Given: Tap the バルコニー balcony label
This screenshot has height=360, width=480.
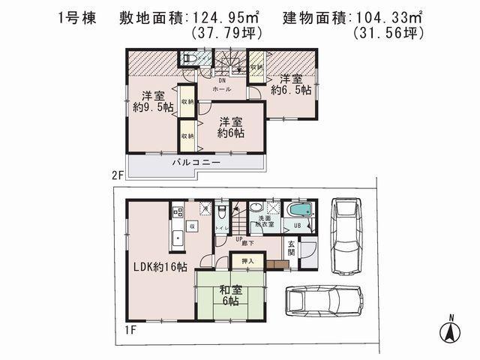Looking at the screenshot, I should click(x=196, y=162).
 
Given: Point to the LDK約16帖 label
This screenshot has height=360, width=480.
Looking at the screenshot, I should click(x=160, y=267).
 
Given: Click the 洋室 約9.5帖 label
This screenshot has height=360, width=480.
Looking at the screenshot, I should click(x=153, y=101).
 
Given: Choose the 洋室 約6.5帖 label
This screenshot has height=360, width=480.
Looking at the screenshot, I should click(x=292, y=85).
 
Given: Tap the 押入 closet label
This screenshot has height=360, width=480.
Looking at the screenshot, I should click(x=247, y=260).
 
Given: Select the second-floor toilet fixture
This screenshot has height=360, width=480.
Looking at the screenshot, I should click(x=188, y=58).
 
